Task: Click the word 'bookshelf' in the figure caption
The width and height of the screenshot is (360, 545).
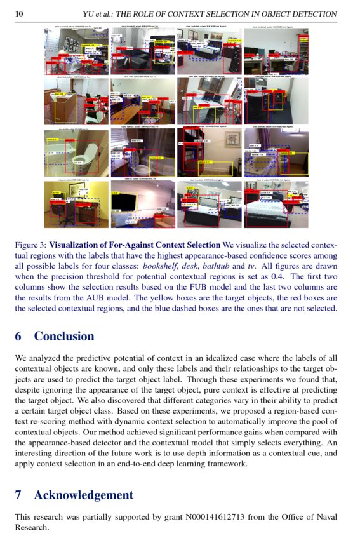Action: click(160, 266)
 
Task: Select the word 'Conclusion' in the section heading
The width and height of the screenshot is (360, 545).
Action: click(64, 336)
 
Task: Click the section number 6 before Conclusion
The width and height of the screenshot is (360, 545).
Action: click(18, 336)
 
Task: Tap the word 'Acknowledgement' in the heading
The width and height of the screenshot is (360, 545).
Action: click(84, 495)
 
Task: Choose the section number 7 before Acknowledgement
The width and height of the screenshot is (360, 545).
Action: click(18, 495)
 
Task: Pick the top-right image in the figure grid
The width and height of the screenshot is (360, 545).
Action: click(276, 52)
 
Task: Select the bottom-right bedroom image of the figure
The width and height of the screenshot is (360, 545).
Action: click(276, 205)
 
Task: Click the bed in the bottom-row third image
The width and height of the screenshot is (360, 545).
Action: click(210, 213)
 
